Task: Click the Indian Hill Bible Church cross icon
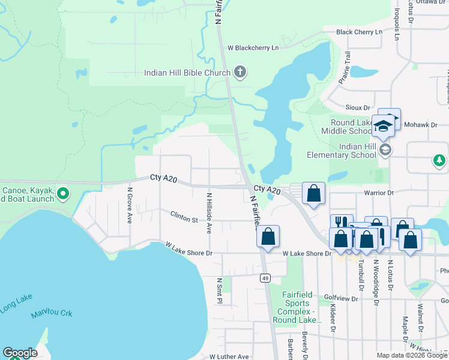click(x=240, y=73)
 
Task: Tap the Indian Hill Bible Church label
click(x=187, y=73)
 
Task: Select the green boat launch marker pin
click(x=65, y=194)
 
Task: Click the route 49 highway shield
click(x=265, y=278)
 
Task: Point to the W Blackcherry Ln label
click(x=253, y=47)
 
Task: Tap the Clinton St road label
click(x=184, y=217)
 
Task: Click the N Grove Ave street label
click(x=129, y=205)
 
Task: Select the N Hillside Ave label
click(x=209, y=213)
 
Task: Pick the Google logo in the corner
click(x=20, y=353)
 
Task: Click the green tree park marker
click(x=439, y=161)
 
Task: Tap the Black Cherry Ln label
click(x=359, y=32)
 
